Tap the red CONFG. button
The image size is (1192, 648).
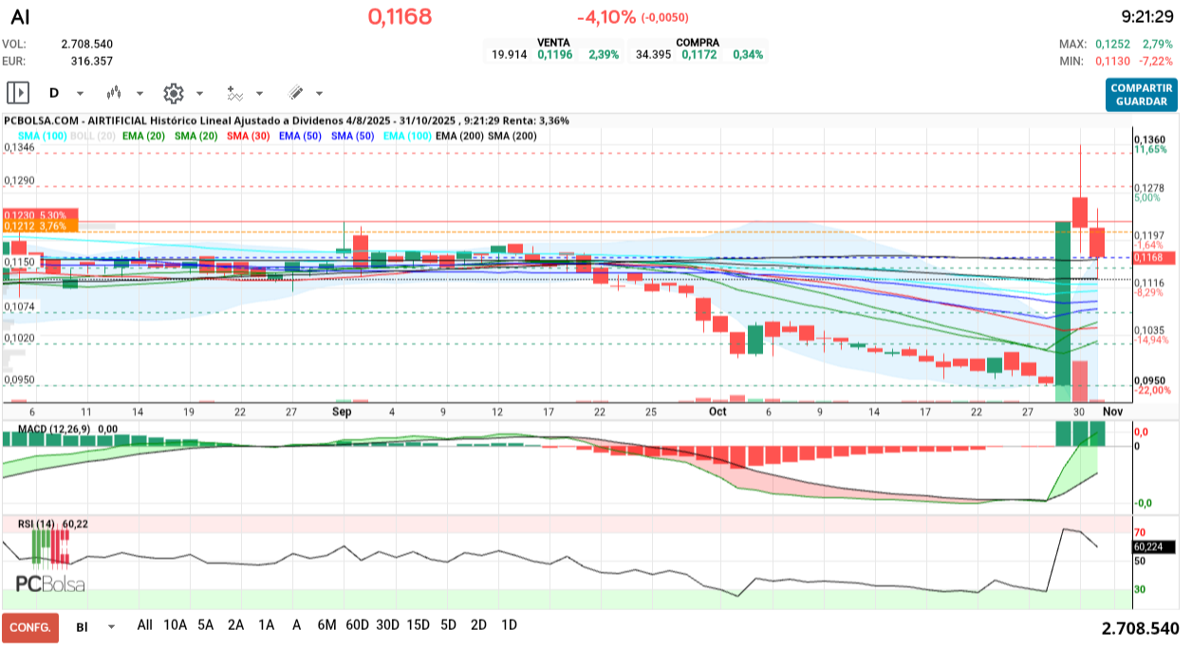(29, 627)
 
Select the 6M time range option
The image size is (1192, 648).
(326, 625)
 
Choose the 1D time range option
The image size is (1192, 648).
(509, 625)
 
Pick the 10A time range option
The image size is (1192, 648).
(175, 625)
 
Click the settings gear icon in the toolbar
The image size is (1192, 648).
(173, 93)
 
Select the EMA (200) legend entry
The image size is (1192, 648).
(458, 136)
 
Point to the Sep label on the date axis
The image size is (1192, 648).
(342, 412)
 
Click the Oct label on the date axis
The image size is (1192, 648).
(717, 412)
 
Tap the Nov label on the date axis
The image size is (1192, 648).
(1112, 412)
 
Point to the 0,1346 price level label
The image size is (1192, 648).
(20, 148)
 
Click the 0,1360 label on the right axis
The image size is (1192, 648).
(1149, 140)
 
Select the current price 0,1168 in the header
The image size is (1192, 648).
(400, 16)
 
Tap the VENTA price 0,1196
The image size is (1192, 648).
(555, 55)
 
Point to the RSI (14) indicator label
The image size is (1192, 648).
(37, 524)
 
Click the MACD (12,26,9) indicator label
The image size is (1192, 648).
(47, 430)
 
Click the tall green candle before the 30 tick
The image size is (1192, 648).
(1062, 304)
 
